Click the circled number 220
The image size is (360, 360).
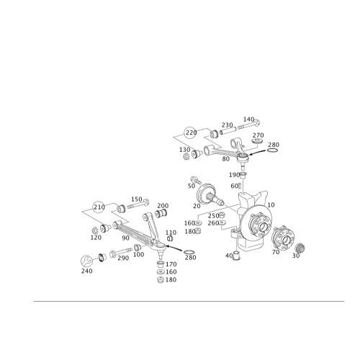click(191, 132)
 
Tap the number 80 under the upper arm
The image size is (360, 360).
click(226, 159)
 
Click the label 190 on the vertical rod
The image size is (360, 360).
click(234, 175)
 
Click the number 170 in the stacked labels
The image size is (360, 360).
click(171, 265)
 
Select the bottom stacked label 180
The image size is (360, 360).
click(171, 281)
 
